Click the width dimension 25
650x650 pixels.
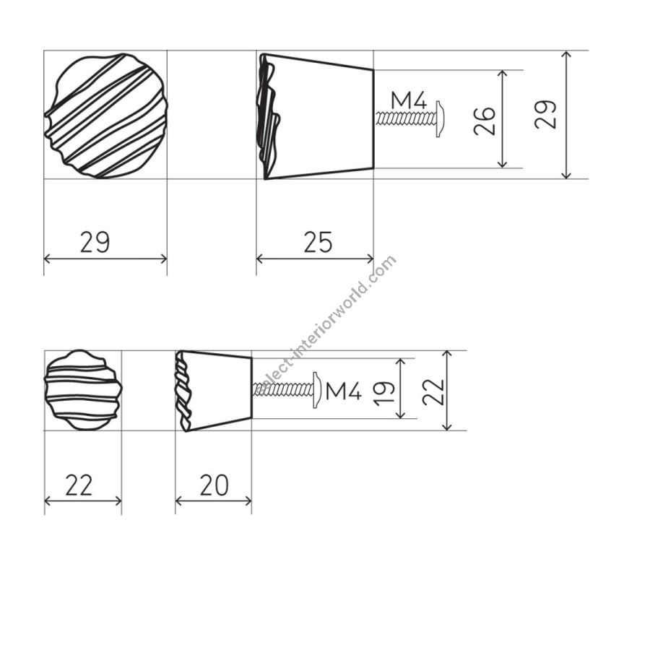pyautogui.click(x=318, y=242)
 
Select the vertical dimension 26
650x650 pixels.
pyautogui.click(x=485, y=121)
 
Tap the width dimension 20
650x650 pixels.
pyautogui.click(x=214, y=485)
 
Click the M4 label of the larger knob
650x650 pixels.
pyautogui.click(x=409, y=100)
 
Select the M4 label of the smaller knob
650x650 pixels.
pyautogui.click(x=344, y=391)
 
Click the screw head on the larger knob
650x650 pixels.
pyautogui.click(x=440, y=118)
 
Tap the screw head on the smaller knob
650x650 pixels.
pyautogui.click(x=317, y=390)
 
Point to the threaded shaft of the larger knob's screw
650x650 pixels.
pyautogui.click(x=405, y=119)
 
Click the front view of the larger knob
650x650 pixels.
pyautogui.click(x=105, y=116)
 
